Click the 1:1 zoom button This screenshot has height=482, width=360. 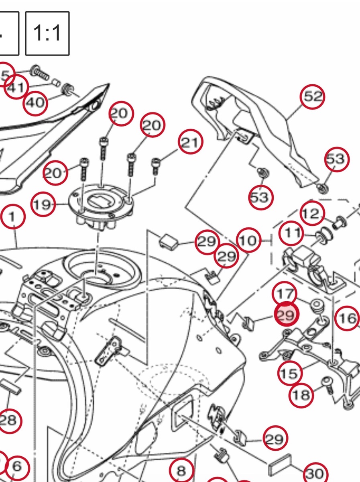click(47, 33)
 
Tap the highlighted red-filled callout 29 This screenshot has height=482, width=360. click(286, 315)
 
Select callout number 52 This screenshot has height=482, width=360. click(313, 96)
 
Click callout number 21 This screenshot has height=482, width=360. click(190, 143)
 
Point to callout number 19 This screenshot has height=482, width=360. click(43, 205)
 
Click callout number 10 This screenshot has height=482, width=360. click(248, 241)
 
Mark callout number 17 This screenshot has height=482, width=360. click(285, 294)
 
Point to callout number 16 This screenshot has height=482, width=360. click(347, 319)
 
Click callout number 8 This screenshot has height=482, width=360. click(181, 470)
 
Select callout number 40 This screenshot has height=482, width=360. click(35, 102)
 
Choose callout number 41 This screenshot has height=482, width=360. click(17, 87)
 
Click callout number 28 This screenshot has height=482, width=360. click(8, 421)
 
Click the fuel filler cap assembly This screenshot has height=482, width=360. click(101, 205)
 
